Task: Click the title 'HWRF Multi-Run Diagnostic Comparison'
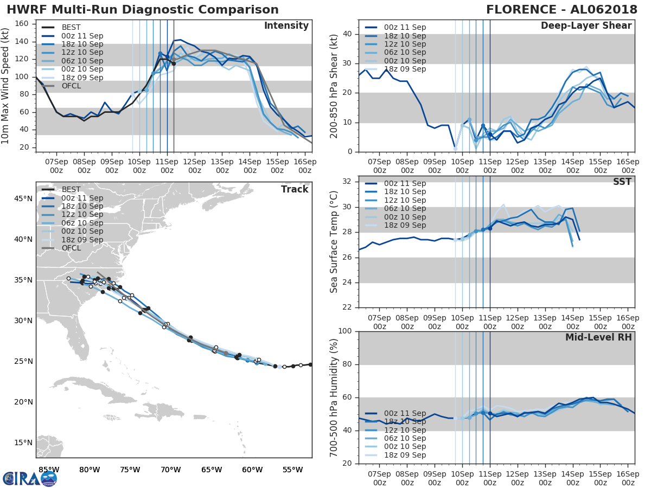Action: point(143,10)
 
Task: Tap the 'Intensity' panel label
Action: point(286,26)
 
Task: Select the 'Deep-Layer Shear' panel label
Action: point(586,26)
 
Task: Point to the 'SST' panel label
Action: point(622,182)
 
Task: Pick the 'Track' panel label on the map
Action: point(295,189)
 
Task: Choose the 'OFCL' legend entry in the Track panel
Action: point(71,248)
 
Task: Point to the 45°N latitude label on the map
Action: point(23,198)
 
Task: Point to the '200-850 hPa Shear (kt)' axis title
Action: point(335,86)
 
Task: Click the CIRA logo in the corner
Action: point(29,478)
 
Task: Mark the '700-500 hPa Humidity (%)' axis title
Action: point(335,398)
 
